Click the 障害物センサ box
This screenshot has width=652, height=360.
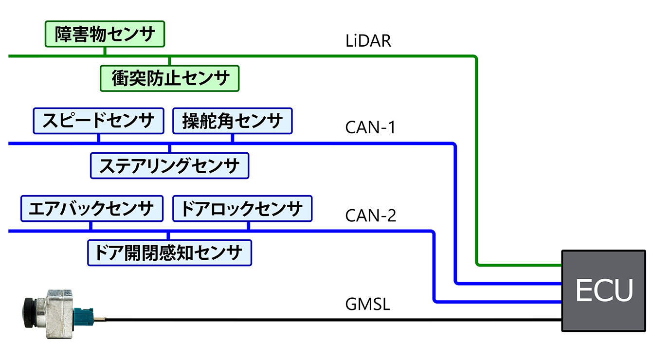point(105,34)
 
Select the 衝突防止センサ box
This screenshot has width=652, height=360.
point(170,78)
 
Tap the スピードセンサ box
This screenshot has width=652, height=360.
point(98,121)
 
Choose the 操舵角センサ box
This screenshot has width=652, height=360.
point(233,121)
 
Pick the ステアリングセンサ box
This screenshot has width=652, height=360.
point(169,165)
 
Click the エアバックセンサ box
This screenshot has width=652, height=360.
point(91,209)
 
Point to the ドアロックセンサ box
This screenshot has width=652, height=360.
point(242,209)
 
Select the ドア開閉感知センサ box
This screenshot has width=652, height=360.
point(169,252)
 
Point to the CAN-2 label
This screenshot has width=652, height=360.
point(371,215)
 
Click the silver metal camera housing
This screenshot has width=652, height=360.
point(58,314)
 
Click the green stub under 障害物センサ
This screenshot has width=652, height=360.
point(105,52)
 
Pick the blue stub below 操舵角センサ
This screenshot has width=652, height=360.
point(233,138)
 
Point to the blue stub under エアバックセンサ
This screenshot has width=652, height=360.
point(91,225)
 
